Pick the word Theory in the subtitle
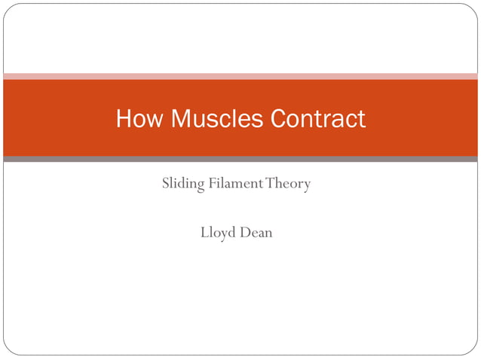(288, 184)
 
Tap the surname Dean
(257, 233)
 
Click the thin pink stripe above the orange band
(240, 76)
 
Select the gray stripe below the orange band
(240, 159)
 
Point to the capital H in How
(124, 119)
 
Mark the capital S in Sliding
(166, 183)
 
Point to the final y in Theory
(306, 186)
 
